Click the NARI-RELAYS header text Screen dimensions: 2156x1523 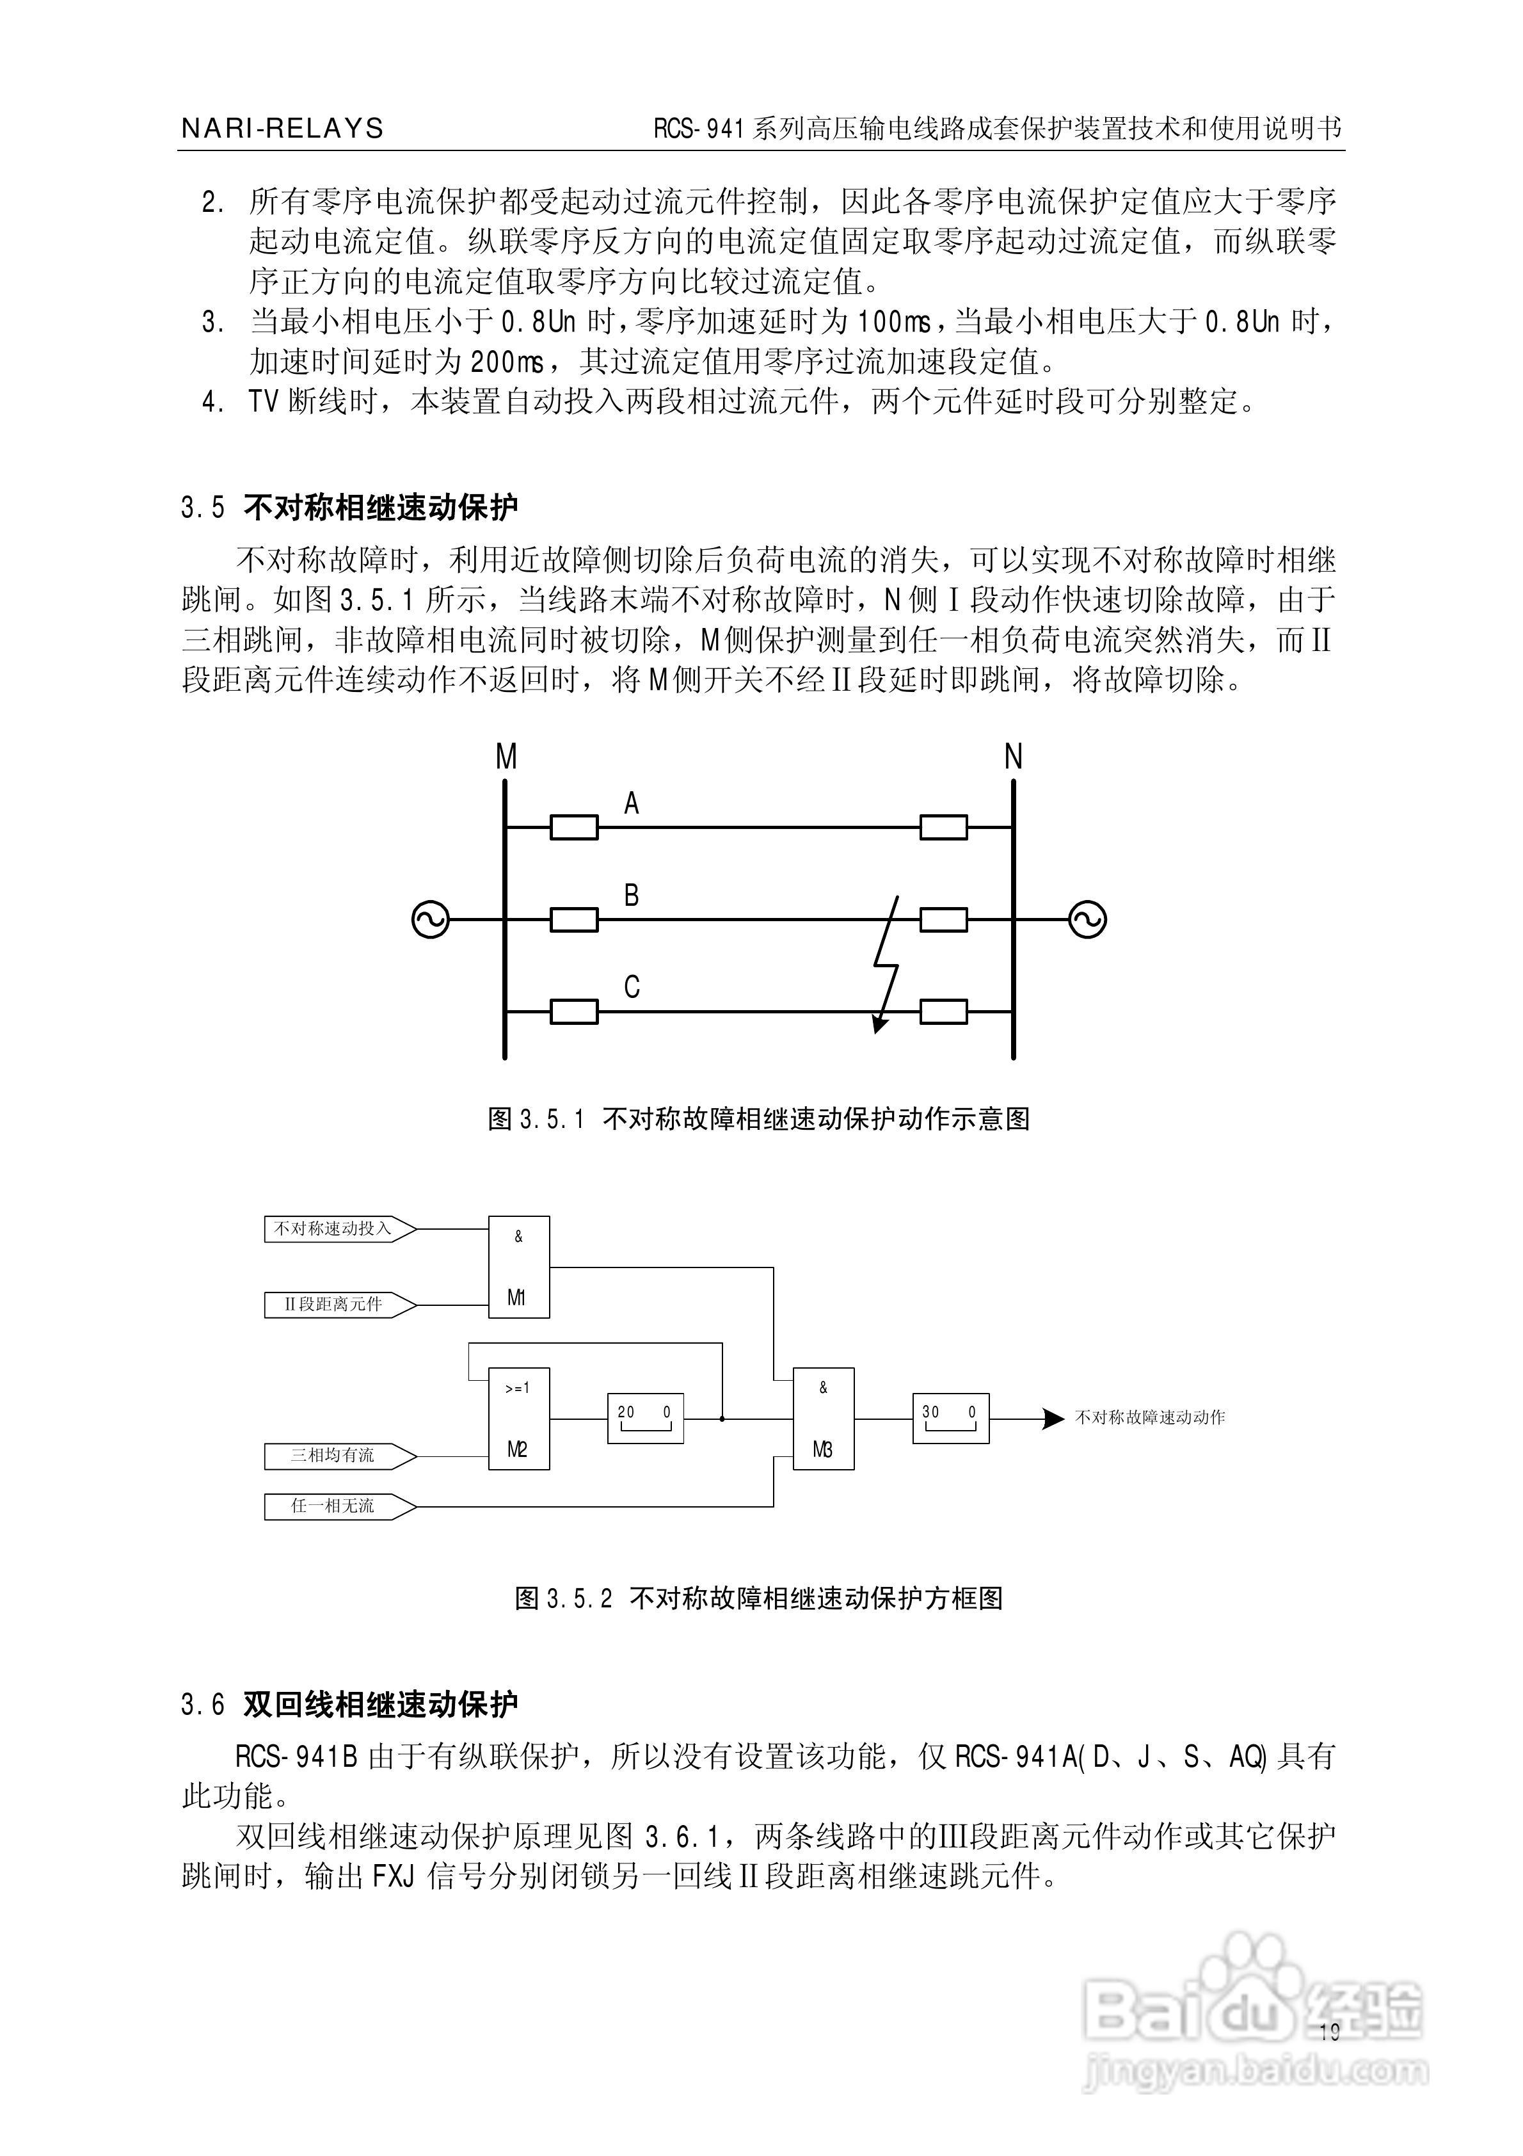[282, 129]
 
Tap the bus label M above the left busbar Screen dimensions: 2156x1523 [506, 757]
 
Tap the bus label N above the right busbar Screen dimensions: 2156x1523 [1013, 757]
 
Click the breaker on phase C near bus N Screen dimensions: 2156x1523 [944, 1011]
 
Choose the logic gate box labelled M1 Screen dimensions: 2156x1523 [518, 1267]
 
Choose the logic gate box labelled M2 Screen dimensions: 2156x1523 [518, 1418]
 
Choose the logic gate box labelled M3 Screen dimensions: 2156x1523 [824, 1418]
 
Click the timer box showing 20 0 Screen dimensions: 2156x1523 [645, 1418]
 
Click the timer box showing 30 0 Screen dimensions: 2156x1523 [950, 1418]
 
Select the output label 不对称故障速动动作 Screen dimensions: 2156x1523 [1149, 1418]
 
